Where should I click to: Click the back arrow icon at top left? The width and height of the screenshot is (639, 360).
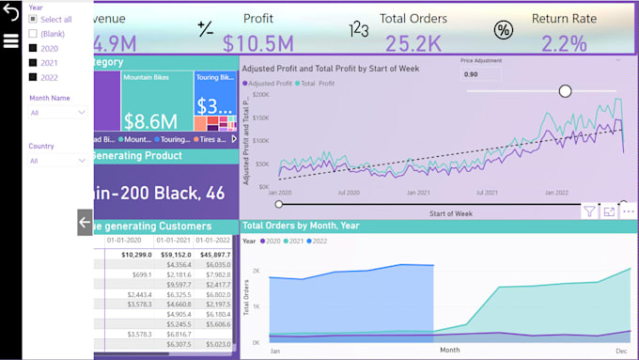pyautogui.click(x=11, y=13)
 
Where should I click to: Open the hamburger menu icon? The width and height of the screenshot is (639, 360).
pyautogui.click(x=11, y=40)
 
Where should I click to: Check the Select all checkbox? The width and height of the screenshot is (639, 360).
pyautogui.click(x=34, y=20)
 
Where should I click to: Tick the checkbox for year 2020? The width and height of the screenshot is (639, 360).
pyautogui.click(x=34, y=48)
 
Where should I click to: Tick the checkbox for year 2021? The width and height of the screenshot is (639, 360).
pyautogui.click(x=34, y=62)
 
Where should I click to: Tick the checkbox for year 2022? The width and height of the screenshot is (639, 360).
pyautogui.click(x=34, y=77)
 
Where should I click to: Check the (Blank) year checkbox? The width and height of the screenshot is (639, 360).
pyautogui.click(x=34, y=34)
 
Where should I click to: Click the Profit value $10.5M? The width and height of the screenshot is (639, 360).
pyautogui.click(x=258, y=42)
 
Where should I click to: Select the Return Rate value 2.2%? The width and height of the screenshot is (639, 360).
pyautogui.click(x=564, y=42)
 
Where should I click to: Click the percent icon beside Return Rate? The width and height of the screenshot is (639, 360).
pyautogui.click(x=504, y=30)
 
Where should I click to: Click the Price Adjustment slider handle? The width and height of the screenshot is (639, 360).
pyautogui.click(x=565, y=90)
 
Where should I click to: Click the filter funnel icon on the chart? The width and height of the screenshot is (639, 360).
pyautogui.click(x=588, y=211)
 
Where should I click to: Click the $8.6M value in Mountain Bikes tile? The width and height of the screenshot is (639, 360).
pyautogui.click(x=151, y=120)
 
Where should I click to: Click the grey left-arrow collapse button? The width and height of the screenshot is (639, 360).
pyautogui.click(x=85, y=223)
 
